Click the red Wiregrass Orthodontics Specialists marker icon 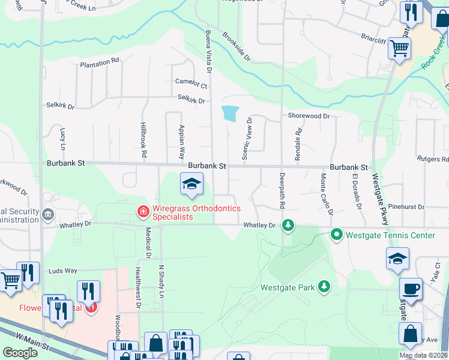tap(142, 211)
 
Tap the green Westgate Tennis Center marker tap(337, 235)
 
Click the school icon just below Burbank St tap(191, 184)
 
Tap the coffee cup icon tap(411, 289)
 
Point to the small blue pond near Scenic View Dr tap(230, 113)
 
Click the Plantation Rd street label tap(99, 62)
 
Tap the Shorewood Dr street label tap(309, 116)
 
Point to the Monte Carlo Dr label tap(327, 194)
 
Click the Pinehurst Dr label tap(406, 207)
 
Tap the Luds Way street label tap(64, 271)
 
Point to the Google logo tap(20, 353)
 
